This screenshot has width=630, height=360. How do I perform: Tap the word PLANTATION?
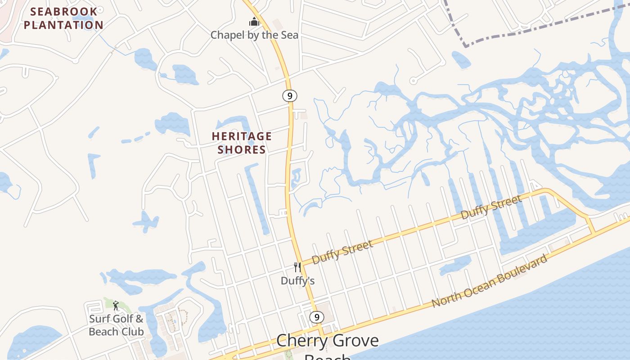(63, 25)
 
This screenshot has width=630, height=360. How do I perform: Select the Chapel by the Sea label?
(254, 35)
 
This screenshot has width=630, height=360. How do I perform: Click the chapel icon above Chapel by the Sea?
(254, 21)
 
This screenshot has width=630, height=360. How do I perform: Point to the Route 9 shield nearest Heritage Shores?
(290, 95)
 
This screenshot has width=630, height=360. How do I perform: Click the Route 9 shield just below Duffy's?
(317, 317)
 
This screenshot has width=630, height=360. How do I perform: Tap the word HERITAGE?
(242, 136)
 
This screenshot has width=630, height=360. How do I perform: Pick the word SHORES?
(242, 149)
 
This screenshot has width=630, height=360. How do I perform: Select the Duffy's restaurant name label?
(297, 281)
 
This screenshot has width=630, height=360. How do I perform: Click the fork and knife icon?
(297, 267)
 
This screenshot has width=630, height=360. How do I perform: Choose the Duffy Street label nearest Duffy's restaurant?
(342, 252)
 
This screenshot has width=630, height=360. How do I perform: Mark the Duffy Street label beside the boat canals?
(491, 207)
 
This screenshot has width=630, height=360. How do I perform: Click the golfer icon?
(116, 306)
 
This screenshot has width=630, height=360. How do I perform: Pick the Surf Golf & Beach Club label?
(116, 325)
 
